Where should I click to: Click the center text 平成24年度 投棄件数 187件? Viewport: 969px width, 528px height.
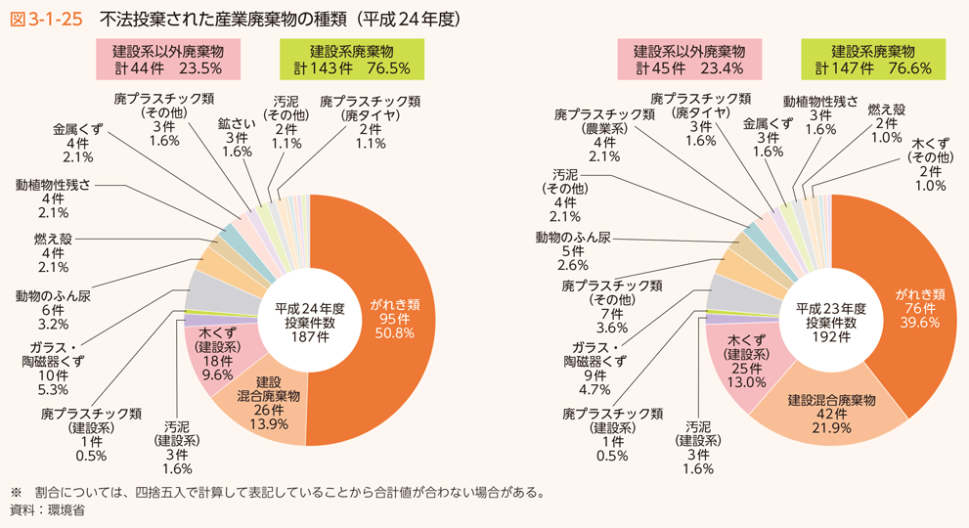310,320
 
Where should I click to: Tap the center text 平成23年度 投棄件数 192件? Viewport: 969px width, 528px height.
830,320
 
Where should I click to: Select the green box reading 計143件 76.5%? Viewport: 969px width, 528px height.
351,60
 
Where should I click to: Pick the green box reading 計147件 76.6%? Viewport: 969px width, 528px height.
872,60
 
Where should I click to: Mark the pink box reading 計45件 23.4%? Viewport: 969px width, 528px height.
688,60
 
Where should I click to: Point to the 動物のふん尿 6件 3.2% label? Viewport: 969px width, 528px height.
54,309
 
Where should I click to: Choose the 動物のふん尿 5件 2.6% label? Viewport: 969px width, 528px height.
573,250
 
